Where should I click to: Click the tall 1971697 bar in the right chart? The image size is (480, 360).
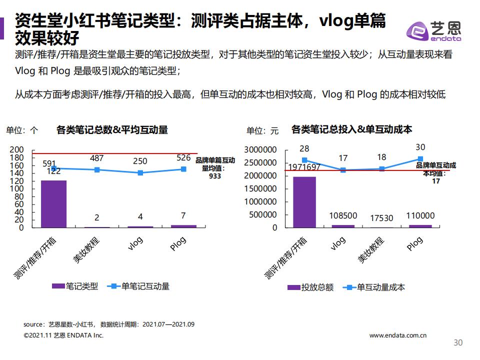pos(304,202)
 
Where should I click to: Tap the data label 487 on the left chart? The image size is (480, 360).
pos(97,158)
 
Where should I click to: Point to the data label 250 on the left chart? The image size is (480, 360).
pos(140,161)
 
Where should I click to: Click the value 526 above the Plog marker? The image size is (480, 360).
pos(183,157)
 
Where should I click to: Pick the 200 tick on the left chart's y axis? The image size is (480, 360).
pos(17,149)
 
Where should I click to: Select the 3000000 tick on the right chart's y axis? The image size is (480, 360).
pos(260,149)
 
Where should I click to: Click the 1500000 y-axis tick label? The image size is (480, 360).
pos(260,188)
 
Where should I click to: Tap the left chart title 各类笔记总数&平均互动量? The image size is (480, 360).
pos(112,130)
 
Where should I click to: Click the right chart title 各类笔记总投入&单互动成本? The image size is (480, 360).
pos(351,129)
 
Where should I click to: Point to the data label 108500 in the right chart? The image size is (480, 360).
pos(343,216)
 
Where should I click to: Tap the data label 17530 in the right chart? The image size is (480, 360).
pos(381,218)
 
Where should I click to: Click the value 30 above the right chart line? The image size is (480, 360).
pos(420,147)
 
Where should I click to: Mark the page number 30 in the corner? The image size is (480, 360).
pos(457,342)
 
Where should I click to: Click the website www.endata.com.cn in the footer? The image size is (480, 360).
pos(398,335)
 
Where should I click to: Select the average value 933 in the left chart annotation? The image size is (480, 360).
pos(215,176)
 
